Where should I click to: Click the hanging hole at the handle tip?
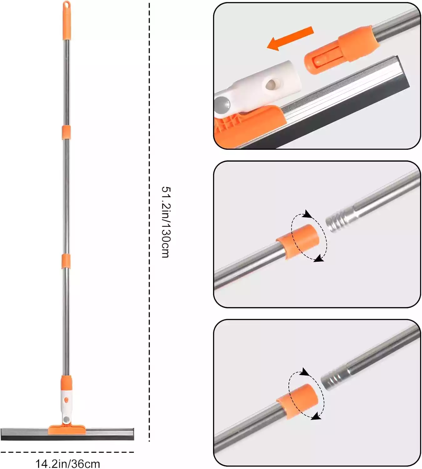(x=67, y=4)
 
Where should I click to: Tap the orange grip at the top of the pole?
(x=67, y=21)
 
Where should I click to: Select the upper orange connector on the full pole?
(x=66, y=132)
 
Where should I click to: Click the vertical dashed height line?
(x=149, y=222)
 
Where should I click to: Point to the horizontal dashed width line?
(x=67, y=452)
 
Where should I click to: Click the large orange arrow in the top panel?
(x=290, y=38)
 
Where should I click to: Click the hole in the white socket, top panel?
(x=272, y=83)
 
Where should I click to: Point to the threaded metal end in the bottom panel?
(x=334, y=379)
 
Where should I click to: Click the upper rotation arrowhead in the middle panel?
(x=308, y=214)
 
